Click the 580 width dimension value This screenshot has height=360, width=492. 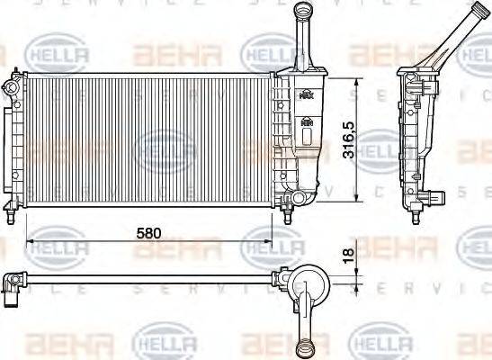coord(148,232)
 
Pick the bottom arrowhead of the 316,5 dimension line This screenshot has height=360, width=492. coord(359,197)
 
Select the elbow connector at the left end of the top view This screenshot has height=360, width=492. coord(12,288)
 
